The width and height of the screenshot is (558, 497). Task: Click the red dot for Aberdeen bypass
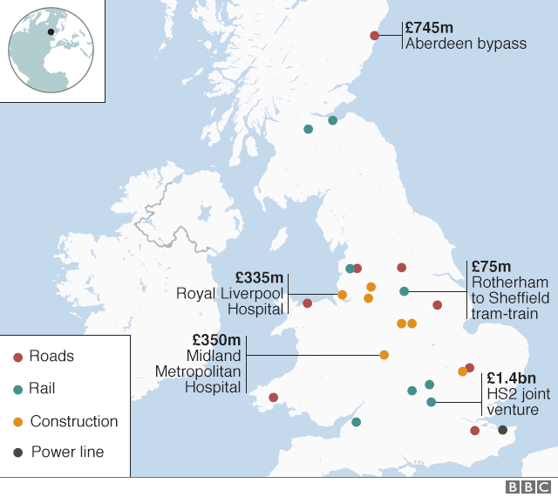point(374,36)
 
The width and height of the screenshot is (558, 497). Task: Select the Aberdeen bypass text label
point(466,43)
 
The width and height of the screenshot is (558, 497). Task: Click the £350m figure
point(216,339)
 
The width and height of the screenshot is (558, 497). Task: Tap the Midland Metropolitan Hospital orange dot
point(384,355)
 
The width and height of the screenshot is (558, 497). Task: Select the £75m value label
point(491,266)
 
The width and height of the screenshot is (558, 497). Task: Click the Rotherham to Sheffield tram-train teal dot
point(404,291)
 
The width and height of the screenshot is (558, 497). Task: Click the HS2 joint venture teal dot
point(431,402)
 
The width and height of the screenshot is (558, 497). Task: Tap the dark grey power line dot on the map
point(502,430)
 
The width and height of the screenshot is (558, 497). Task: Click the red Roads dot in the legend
point(17,357)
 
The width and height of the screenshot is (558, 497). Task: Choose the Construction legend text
point(74,421)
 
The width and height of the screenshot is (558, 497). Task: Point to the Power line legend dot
point(17,453)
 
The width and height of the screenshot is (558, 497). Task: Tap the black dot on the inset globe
point(51,31)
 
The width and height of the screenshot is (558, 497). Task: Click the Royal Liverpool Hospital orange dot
point(342,294)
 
